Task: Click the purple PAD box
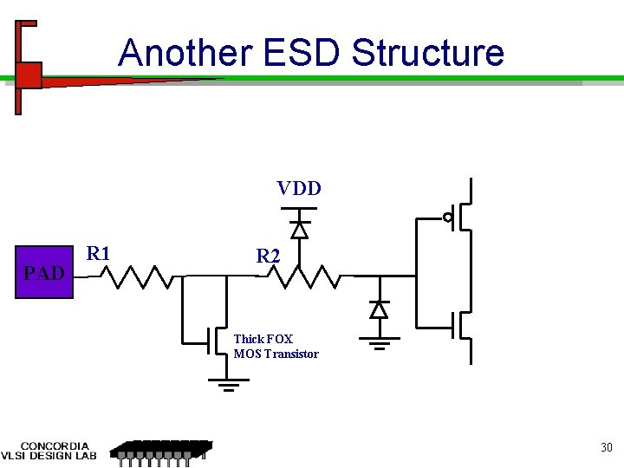(44, 273)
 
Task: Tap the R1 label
(99, 254)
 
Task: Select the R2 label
(268, 257)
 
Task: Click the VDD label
(299, 188)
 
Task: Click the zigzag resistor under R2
(302, 276)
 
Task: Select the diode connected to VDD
(299, 229)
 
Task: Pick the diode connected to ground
(378, 309)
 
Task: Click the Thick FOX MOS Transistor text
(276, 347)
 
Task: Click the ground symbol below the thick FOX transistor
(229, 384)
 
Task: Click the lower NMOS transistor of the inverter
(464, 325)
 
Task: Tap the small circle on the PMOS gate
(448, 217)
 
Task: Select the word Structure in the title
(428, 53)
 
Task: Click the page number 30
(607, 448)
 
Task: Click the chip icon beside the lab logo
(161, 452)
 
